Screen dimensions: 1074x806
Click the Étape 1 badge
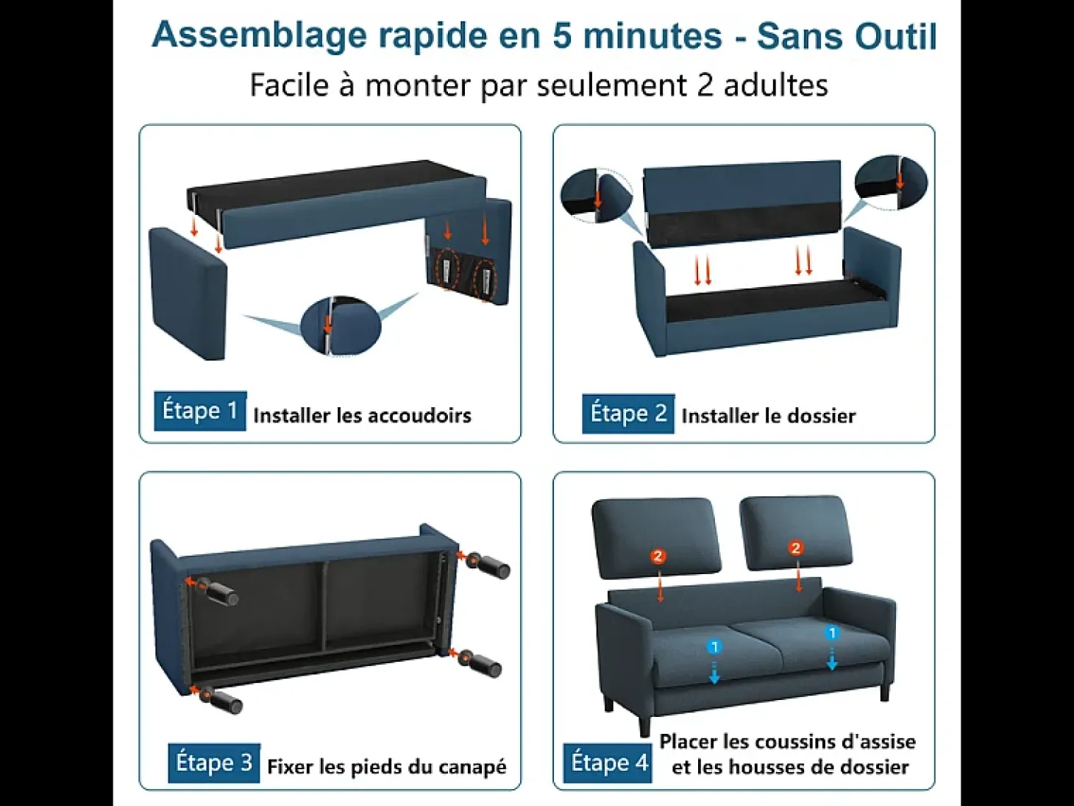tap(200, 411)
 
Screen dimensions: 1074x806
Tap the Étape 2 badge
tap(628, 414)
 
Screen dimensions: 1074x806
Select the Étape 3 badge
tap(214, 763)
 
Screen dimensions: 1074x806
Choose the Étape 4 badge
tap(607, 763)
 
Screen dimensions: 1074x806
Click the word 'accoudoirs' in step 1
tap(419, 415)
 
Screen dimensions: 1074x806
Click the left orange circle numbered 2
tap(658, 556)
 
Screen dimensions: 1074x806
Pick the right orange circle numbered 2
tap(796, 548)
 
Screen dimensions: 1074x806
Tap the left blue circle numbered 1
tap(714, 647)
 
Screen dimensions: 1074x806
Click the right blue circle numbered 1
tap(832, 633)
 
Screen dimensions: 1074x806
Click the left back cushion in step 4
tap(655, 534)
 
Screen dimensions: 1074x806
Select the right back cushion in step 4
tap(796, 532)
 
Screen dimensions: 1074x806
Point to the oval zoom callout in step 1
tap(341, 325)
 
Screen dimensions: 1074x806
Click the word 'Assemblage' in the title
tap(260, 36)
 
